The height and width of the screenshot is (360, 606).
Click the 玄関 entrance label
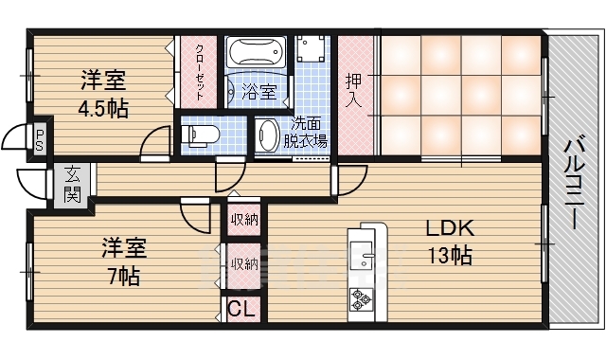coord(73,185)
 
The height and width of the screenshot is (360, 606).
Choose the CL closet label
coord(241,308)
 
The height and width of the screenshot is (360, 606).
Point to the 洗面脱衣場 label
coord(308,134)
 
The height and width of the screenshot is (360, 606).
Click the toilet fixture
coord(201,135)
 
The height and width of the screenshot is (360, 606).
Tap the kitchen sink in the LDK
coord(362,256)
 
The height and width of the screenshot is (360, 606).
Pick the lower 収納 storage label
coord(244,263)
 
